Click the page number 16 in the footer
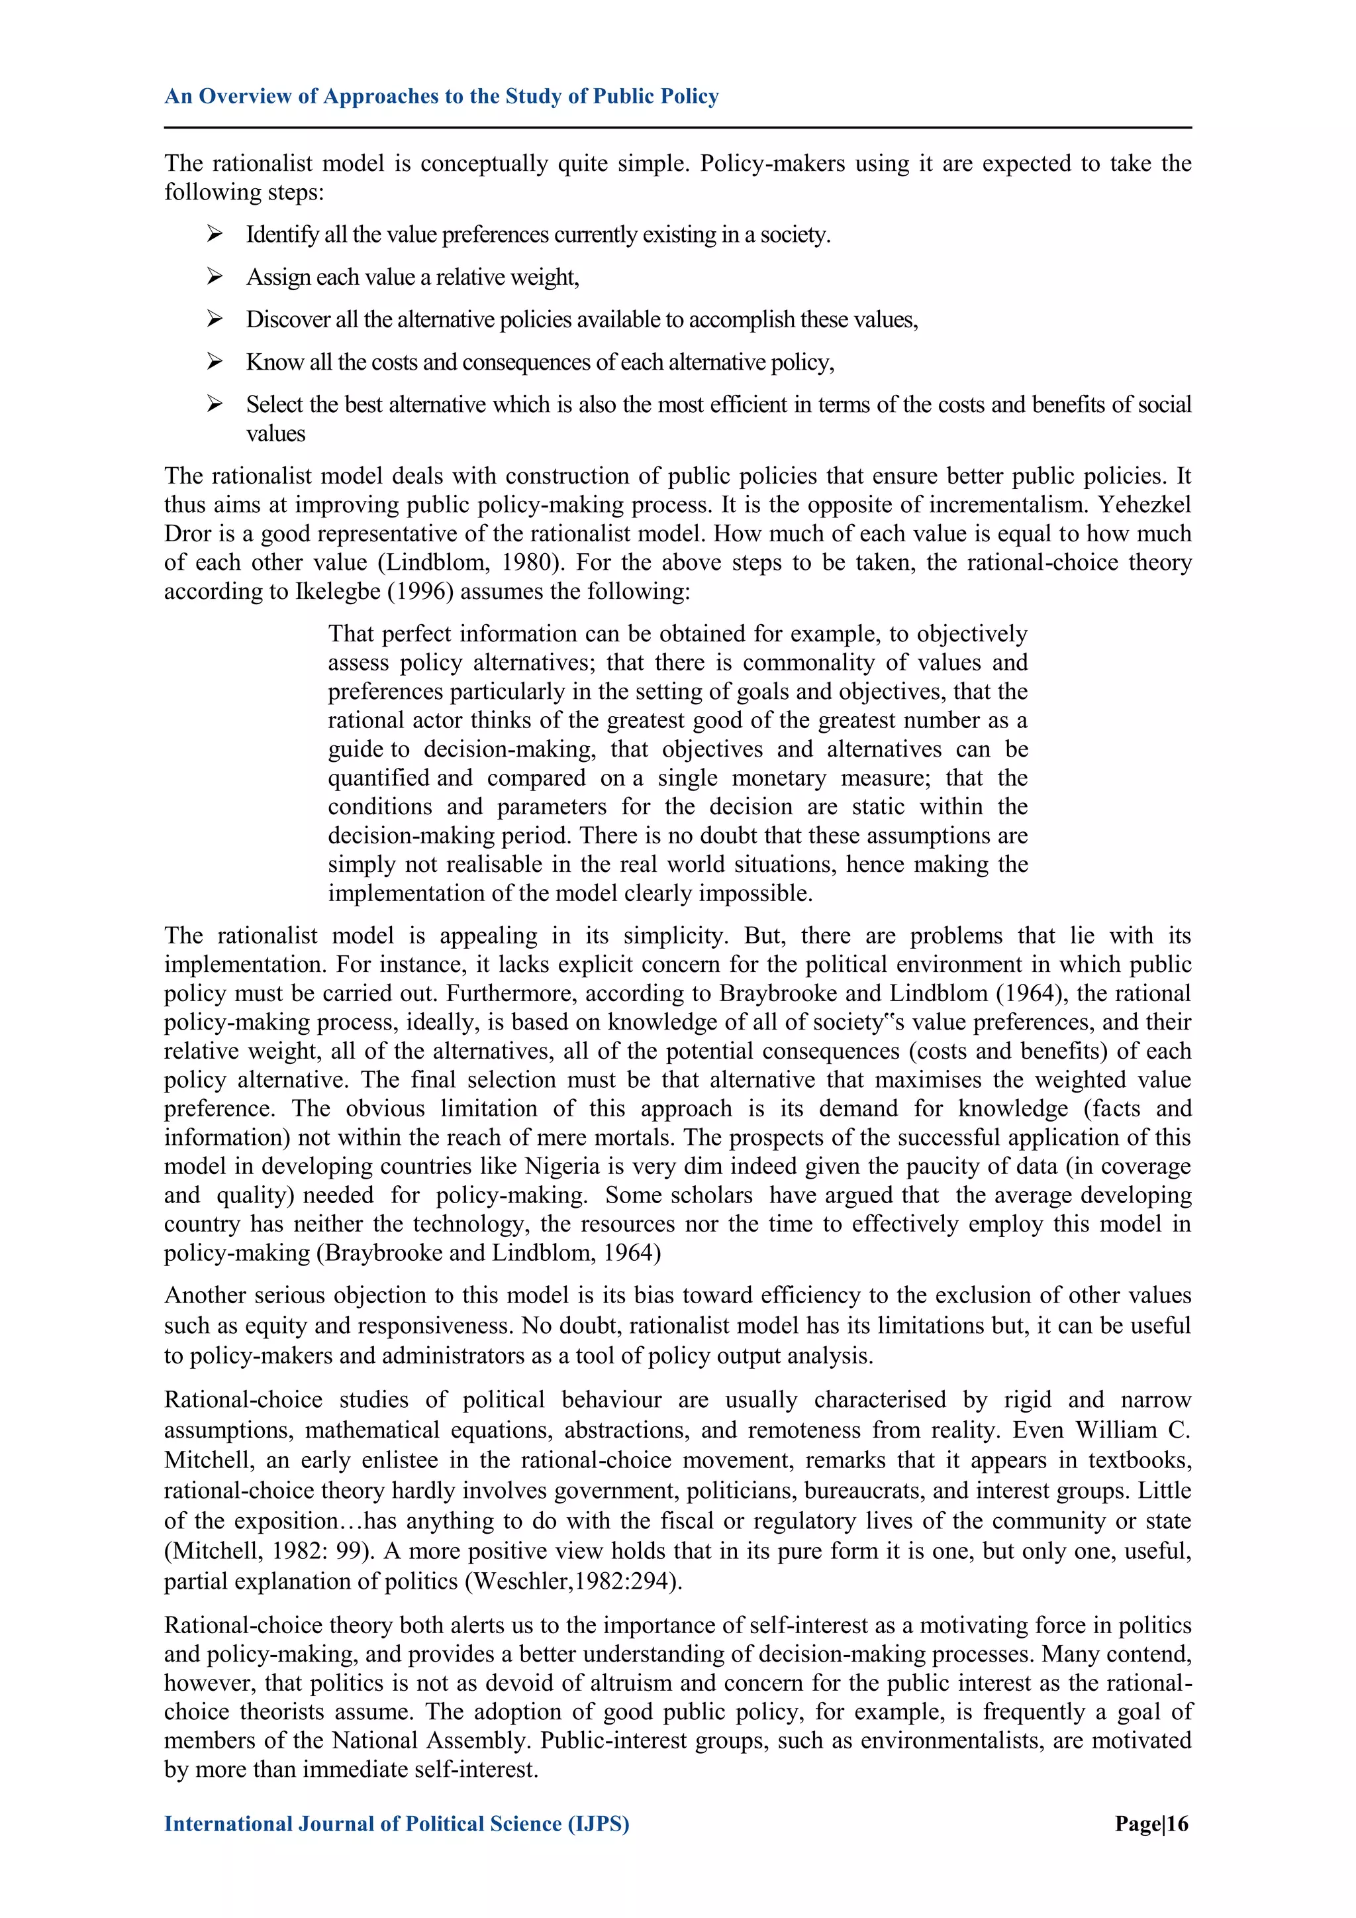(1177, 1824)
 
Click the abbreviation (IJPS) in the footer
(599, 1824)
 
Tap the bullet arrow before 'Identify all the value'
(215, 234)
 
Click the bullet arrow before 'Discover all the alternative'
(215, 319)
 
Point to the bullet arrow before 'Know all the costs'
(215, 362)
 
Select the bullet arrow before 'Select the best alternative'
(215, 404)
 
